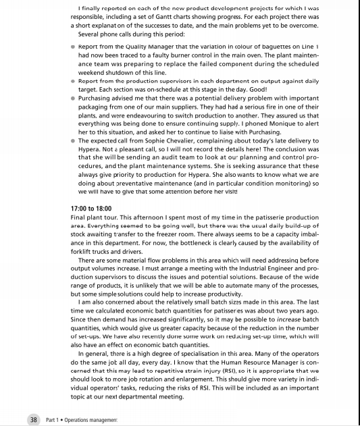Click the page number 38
coord(32,419)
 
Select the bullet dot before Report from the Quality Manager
coord(73,47)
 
